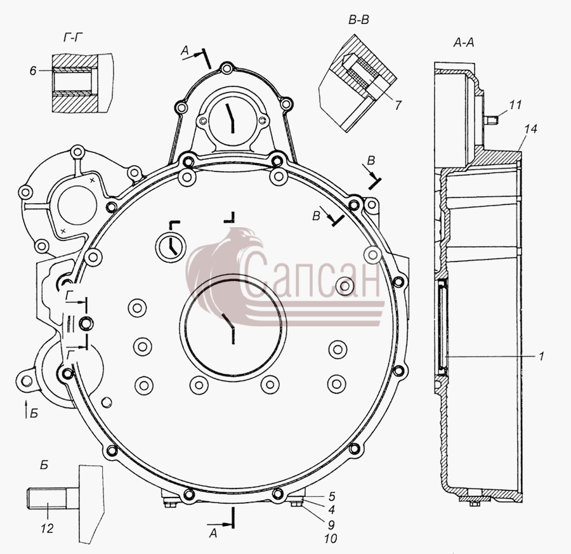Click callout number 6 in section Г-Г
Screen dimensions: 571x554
33,70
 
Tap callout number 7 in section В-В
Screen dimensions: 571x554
398,105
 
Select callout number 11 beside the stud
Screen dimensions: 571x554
515,105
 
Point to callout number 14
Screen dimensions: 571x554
531,129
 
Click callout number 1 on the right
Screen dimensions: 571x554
541,356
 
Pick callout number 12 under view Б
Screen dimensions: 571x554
47,528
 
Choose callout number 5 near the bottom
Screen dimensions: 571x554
331,496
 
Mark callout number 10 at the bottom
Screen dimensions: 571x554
331,538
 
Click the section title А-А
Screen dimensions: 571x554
464,43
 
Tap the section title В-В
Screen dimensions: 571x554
358,20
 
